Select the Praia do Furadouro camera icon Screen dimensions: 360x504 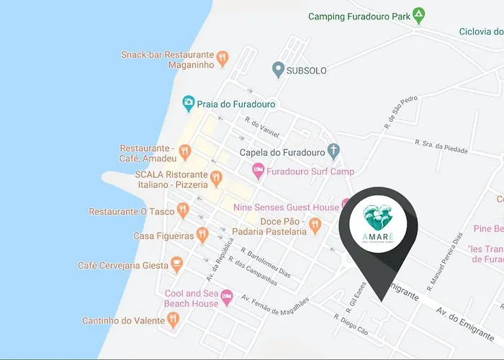click(189, 104)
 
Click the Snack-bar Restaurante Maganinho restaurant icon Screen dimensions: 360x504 click(223, 57)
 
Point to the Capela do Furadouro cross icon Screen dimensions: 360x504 click(333, 151)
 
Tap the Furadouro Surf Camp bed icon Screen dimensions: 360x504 click(257, 171)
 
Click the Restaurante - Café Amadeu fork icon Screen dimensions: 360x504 click(185, 152)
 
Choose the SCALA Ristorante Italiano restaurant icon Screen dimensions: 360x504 click(215, 177)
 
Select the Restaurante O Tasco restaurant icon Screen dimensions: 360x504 click(183, 210)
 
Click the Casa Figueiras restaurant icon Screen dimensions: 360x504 click(203, 235)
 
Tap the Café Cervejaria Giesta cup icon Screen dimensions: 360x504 click(176, 266)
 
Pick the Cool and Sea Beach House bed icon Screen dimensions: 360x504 click(227, 296)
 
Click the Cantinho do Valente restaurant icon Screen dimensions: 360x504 click(172, 320)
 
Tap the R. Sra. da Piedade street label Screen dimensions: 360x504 click(441, 146)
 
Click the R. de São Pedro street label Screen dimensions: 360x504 click(400, 112)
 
